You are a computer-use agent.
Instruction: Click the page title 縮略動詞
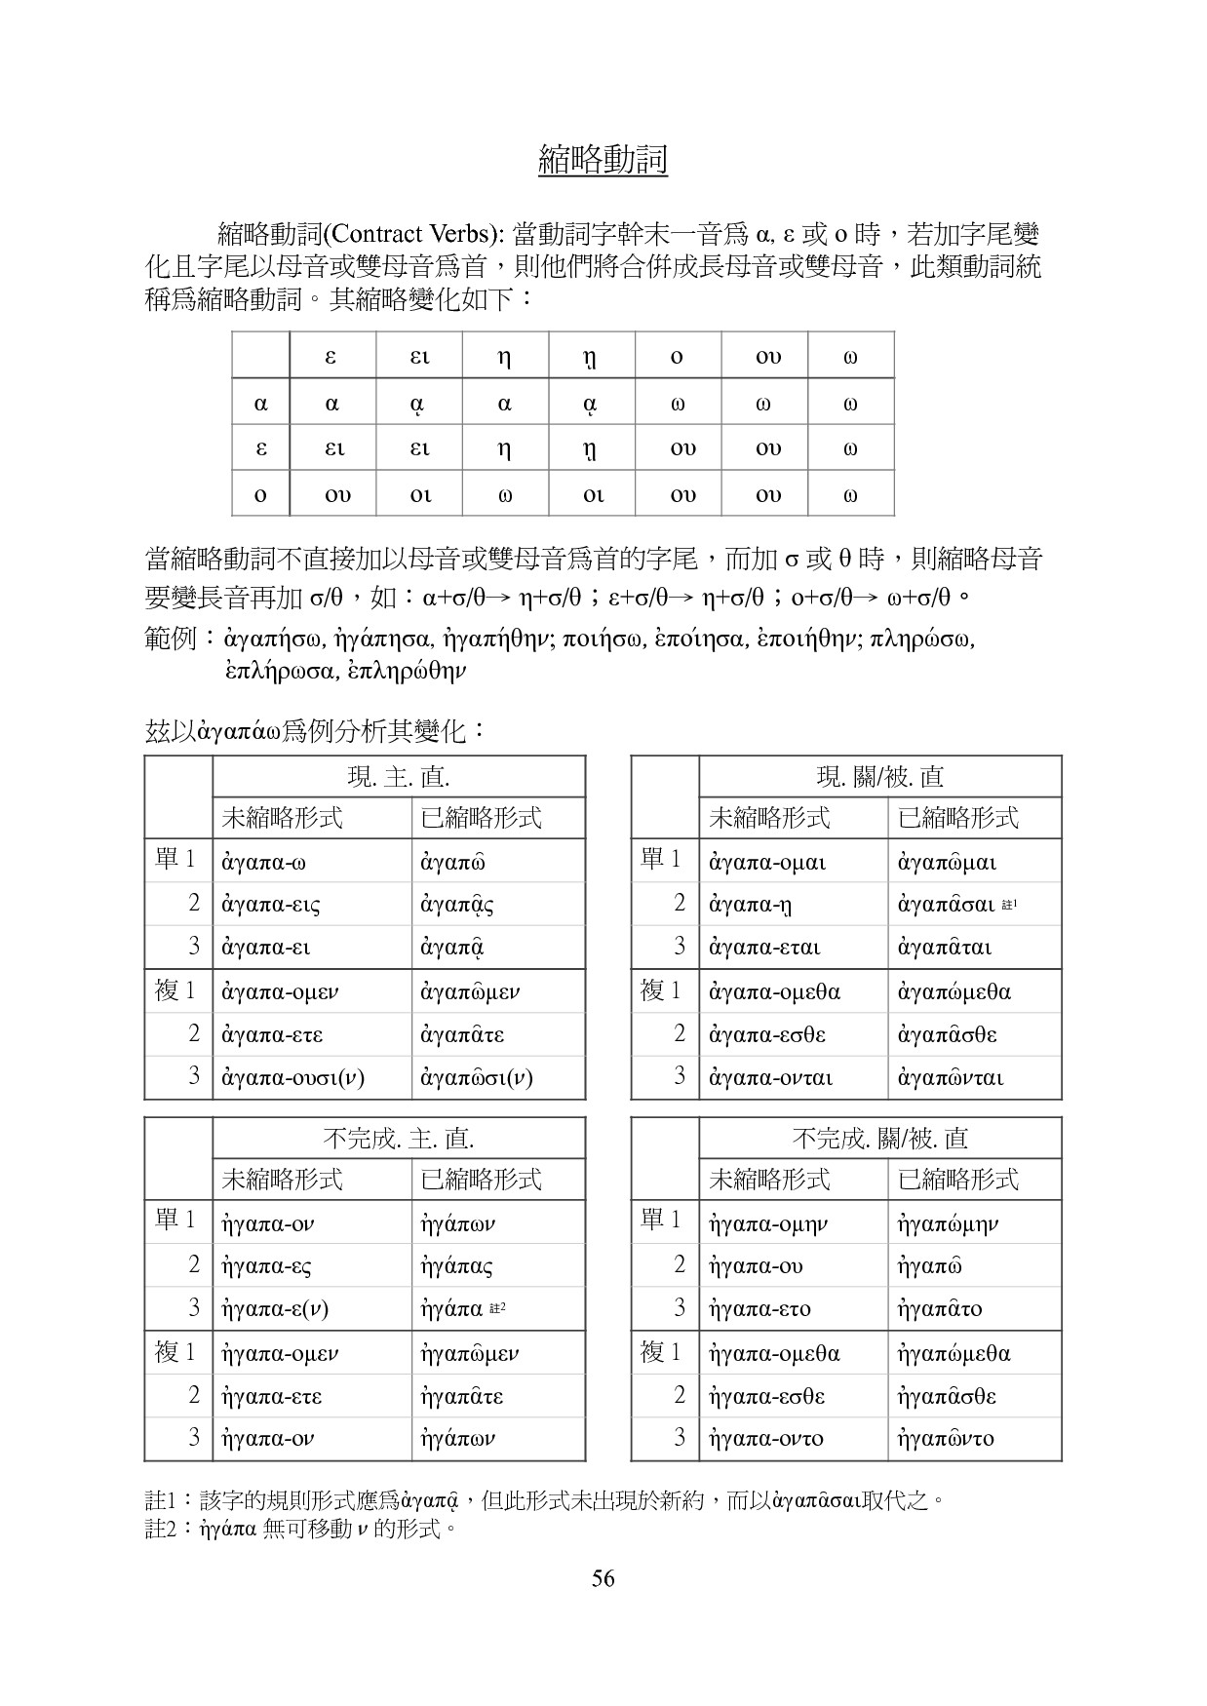click(603, 160)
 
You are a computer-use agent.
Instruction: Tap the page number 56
click(603, 1578)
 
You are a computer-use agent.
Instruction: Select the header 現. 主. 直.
click(398, 777)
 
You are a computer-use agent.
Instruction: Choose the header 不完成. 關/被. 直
click(879, 1139)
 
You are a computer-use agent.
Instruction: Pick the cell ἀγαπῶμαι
click(947, 862)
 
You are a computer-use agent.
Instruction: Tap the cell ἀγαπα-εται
click(764, 948)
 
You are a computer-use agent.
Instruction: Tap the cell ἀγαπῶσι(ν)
click(477, 1078)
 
